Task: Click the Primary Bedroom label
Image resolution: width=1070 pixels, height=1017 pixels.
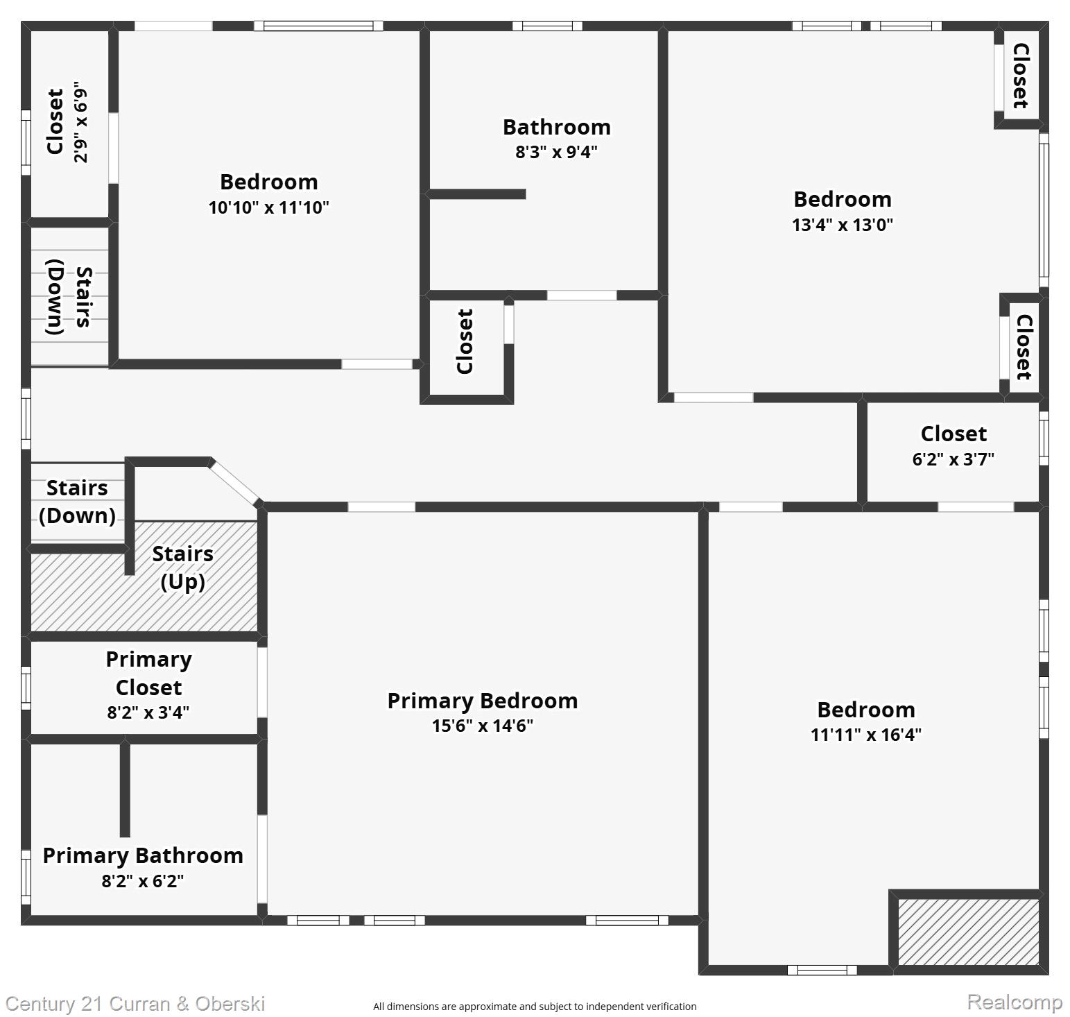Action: (482, 701)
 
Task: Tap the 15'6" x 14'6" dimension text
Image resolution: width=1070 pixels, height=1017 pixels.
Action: (482, 726)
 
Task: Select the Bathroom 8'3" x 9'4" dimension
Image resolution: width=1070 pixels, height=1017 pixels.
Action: (556, 152)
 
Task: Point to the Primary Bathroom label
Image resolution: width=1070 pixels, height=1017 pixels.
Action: (143, 855)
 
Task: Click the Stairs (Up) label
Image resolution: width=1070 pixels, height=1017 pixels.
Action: (182, 567)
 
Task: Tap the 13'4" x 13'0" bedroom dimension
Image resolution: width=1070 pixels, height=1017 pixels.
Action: (842, 225)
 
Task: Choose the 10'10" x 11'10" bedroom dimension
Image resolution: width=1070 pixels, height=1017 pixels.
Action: (268, 207)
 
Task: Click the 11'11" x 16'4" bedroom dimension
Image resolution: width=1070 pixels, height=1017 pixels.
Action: (865, 735)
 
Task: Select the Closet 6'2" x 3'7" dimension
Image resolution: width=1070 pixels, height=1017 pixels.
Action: (953, 459)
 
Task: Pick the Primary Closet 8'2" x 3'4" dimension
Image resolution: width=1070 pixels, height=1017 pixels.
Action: (148, 712)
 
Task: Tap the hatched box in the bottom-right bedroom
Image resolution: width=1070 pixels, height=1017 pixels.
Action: (968, 932)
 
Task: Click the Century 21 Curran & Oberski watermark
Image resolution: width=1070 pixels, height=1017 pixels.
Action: (135, 1004)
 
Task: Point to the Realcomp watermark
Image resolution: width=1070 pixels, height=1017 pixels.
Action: (1014, 1002)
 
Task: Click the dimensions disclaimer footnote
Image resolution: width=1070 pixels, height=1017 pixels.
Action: (535, 1007)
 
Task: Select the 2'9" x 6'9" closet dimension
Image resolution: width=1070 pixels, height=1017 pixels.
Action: (80, 123)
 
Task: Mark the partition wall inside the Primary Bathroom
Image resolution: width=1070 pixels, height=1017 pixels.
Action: (125, 789)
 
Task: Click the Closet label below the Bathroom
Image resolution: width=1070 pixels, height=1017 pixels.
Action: (465, 341)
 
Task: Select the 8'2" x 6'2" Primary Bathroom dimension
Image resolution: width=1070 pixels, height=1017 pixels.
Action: (143, 881)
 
